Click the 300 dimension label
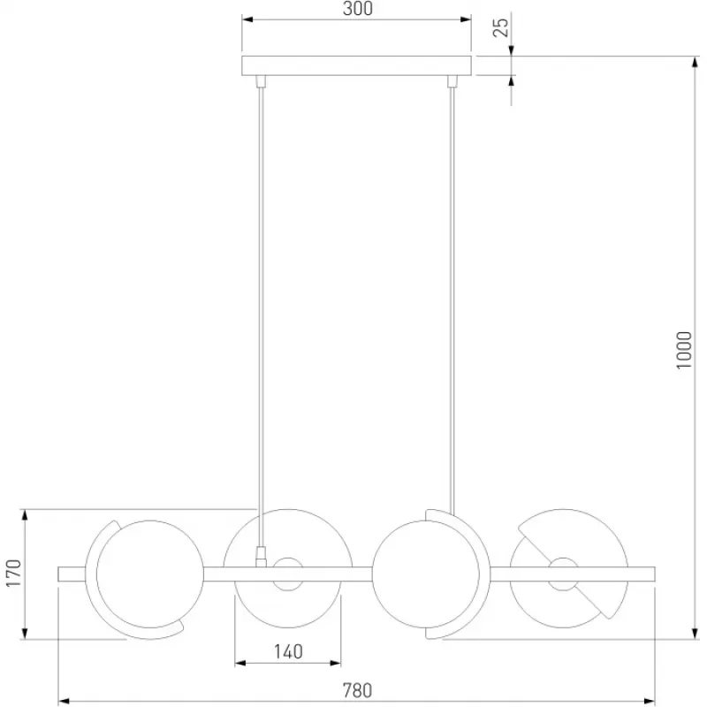[358, 9]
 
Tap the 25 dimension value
[500, 27]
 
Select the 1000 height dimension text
[684, 350]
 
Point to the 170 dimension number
[14, 573]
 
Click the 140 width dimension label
[288, 651]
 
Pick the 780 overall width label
[358, 691]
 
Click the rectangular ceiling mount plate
[356, 65]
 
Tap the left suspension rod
[260, 316]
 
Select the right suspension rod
[452, 300]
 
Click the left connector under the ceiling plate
[261, 81]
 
